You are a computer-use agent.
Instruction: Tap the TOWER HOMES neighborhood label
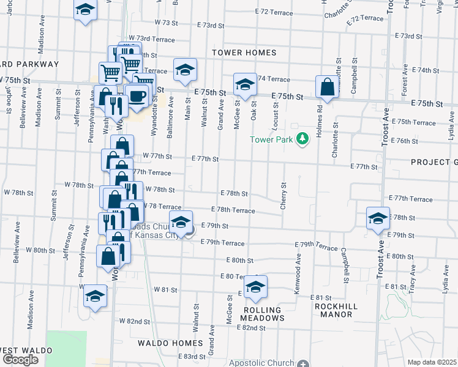coord(244,53)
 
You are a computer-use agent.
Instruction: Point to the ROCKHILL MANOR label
coord(334,310)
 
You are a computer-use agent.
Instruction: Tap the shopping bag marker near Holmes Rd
coord(328,87)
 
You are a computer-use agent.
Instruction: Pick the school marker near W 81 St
coord(94,297)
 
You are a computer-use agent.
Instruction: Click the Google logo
coord(20,360)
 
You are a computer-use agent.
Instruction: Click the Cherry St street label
coord(283,196)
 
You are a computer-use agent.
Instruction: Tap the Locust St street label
coord(277,116)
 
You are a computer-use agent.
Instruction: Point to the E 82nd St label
coord(251,328)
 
